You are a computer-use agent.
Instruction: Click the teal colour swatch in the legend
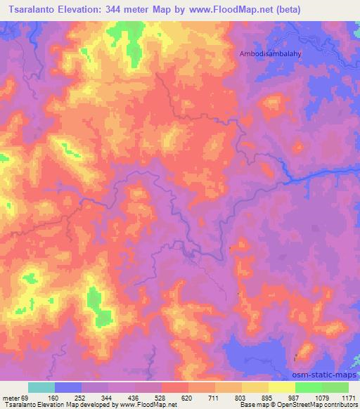pyautogui.click(x=41, y=387)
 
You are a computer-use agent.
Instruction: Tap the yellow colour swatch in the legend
pyautogui.click(x=281, y=387)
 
